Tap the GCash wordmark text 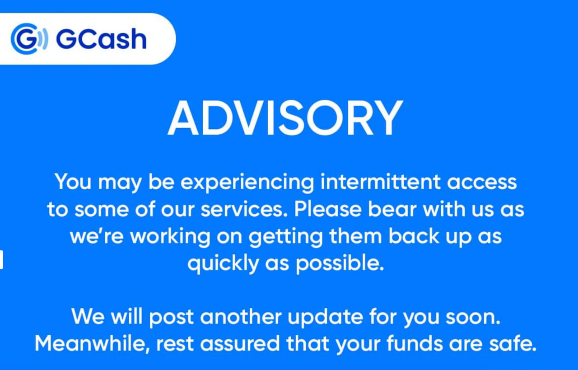[x=102, y=39]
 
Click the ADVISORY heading [x=285, y=118]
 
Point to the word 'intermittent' [x=380, y=182]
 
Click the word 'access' [x=482, y=183]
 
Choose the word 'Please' [x=328, y=209]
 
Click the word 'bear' [x=392, y=209]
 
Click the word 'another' [x=241, y=317]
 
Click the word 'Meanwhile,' [x=93, y=344]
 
